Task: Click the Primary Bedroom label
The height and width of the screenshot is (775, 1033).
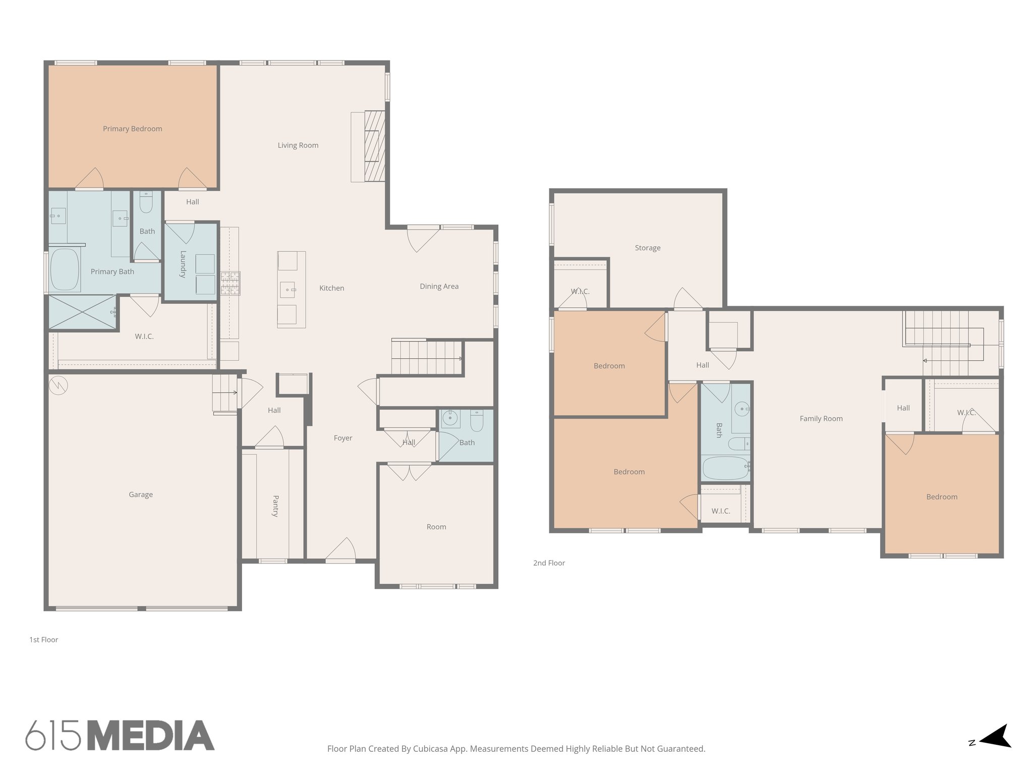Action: click(x=132, y=129)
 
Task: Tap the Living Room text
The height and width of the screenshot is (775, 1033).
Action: click(x=298, y=145)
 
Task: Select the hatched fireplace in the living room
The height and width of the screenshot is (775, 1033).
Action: click(x=374, y=146)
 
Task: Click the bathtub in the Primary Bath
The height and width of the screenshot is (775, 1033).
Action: click(x=65, y=270)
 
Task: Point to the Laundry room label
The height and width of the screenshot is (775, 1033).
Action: click(x=183, y=264)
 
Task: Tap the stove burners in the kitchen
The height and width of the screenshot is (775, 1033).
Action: click(x=230, y=283)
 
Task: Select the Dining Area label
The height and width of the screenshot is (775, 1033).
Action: click(x=439, y=286)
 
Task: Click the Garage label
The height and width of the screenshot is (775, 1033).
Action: click(x=140, y=494)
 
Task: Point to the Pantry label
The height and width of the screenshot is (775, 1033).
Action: click(x=275, y=506)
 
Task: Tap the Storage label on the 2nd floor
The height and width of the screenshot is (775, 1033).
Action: click(x=647, y=248)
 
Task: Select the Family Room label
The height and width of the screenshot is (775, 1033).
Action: click(x=821, y=418)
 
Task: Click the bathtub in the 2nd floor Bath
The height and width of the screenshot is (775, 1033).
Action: click(x=725, y=468)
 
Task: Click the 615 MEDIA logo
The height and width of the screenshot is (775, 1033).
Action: click(x=120, y=735)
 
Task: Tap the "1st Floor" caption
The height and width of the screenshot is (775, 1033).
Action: click(x=43, y=640)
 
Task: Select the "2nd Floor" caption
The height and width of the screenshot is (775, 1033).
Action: click(x=549, y=563)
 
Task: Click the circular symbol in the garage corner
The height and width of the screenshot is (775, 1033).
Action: click(x=59, y=385)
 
